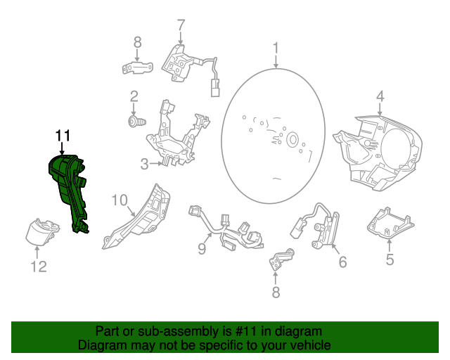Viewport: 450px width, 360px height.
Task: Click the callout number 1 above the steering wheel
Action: [x=276, y=48]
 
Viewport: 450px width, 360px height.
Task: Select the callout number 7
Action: [x=181, y=25]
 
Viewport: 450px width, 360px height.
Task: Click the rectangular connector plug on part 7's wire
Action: [x=214, y=89]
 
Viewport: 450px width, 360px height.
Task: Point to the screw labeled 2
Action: [x=134, y=123]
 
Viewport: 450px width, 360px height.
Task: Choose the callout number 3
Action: [x=143, y=165]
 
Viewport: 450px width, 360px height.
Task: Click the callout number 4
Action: [x=379, y=96]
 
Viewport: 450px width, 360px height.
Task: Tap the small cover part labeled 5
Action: [x=388, y=223]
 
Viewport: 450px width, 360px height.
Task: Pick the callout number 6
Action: [x=342, y=262]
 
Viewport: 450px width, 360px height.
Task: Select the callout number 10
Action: [x=120, y=201]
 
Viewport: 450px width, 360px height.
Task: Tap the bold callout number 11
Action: [x=63, y=135]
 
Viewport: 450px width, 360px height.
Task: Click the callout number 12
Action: [x=38, y=266]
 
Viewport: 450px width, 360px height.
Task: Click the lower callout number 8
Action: [x=276, y=292]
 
